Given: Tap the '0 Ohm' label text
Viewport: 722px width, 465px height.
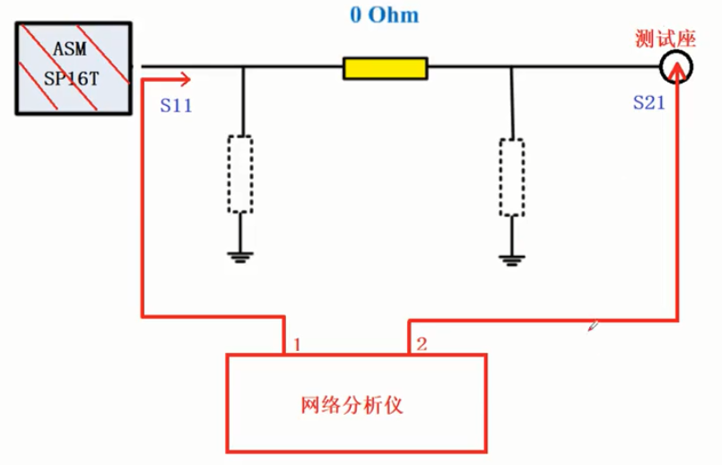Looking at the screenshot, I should click(x=385, y=15).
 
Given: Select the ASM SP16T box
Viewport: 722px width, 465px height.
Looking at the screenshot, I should click(x=72, y=69).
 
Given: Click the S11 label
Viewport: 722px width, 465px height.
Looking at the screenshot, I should click(x=177, y=105).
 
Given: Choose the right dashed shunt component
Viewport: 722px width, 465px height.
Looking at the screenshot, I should click(x=511, y=177).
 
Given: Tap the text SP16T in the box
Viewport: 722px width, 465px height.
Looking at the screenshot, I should click(x=72, y=77).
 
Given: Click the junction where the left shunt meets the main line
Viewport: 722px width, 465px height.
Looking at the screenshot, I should click(x=243, y=66).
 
